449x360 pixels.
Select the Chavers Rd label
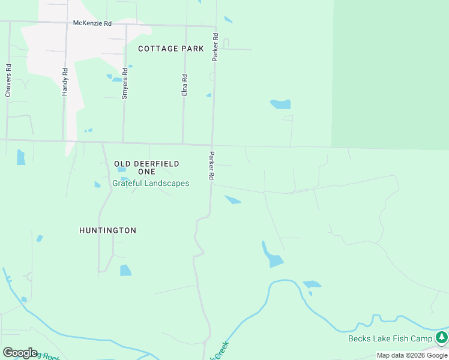(x=8, y=80)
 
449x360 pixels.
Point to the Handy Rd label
(x=65, y=82)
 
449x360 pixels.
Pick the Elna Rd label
(x=185, y=85)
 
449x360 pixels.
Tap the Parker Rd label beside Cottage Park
(x=215, y=47)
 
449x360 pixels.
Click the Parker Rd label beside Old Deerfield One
(x=211, y=166)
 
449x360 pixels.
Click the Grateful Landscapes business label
(x=151, y=184)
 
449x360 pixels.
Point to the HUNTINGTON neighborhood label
(x=108, y=230)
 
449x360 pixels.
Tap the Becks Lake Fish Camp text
(x=390, y=339)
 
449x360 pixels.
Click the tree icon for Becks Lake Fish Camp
(x=442, y=337)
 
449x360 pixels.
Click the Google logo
(x=20, y=353)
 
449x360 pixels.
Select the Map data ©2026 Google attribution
(x=412, y=355)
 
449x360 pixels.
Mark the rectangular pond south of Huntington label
(x=125, y=271)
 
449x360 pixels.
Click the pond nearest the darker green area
(x=280, y=104)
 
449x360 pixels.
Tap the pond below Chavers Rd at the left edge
(x=21, y=157)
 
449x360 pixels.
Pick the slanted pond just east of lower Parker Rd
(x=233, y=200)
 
